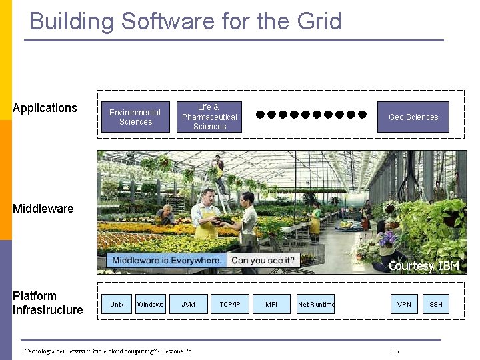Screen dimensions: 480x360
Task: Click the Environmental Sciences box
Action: tap(135, 117)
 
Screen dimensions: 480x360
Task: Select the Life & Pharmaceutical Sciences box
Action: tap(209, 117)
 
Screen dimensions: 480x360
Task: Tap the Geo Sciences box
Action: tap(413, 117)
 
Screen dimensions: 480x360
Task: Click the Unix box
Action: tap(117, 305)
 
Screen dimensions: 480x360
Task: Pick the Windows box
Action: tap(150, 305)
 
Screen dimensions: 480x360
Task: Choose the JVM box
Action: tap(189, 305)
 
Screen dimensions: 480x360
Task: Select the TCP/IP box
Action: tap(230, 305)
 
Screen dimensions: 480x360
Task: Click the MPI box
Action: tap(271, 305)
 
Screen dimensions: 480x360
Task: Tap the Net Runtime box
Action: tap(316, 305)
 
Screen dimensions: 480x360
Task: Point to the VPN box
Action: tap(405, 305)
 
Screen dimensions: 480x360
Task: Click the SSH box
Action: tap(436, 305)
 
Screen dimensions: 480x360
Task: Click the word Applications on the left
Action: tap(45, 108)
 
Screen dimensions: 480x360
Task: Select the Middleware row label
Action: tap(43, 209)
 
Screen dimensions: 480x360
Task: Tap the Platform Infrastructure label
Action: tap(47, 303)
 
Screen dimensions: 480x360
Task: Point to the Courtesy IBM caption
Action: tap(423, 266)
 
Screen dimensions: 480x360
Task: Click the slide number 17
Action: tap(397, 351)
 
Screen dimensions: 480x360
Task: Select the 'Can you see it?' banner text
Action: tap(263, 261)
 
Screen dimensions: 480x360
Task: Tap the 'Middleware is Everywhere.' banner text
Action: tap(167, 261)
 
